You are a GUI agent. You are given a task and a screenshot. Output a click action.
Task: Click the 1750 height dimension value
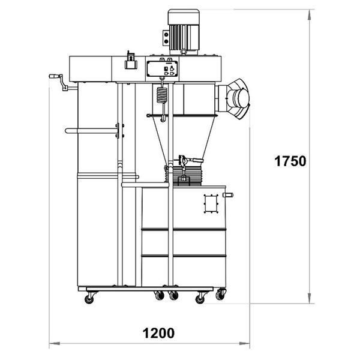click(x=290, y=161)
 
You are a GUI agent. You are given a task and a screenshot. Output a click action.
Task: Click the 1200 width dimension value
click(x=158, y=333)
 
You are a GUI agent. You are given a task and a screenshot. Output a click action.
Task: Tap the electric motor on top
click(x=183, y=32)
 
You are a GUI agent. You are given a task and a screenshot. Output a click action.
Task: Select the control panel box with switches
click(x=162, y=68)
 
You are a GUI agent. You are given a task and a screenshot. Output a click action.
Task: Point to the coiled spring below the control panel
click(x=162, y=95)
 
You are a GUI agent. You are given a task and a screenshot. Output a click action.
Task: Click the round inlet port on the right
click(x=238, y=99)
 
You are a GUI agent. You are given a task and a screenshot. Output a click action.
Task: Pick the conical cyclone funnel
click(x=182, y=137)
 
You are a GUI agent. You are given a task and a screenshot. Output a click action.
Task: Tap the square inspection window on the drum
click(x=211, y=204)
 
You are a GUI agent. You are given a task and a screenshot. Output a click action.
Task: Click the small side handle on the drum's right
click(x=228, y=195)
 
